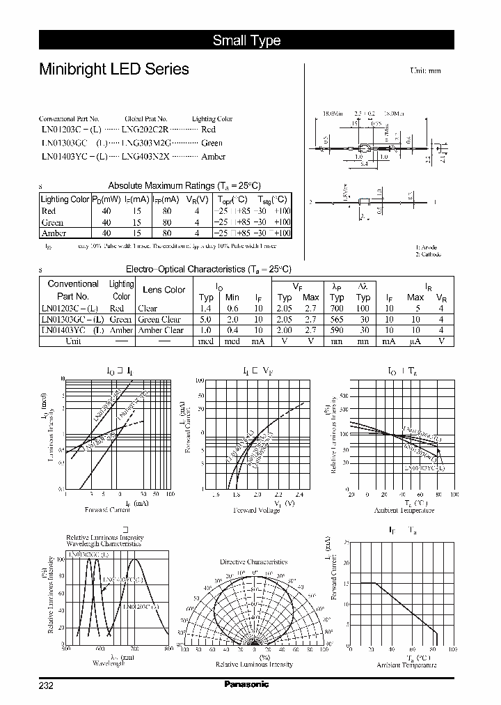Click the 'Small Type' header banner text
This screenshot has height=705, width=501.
[x=246, y=40]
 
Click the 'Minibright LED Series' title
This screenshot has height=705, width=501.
[x=113, y=69]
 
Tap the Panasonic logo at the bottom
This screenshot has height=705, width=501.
[x=246, y=684]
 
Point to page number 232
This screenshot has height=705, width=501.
[x=46, y=685]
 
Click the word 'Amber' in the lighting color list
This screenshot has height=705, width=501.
[x=213, y=157]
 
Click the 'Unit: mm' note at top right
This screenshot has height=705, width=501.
[x=425, y=70]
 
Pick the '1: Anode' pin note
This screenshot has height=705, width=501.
[x=427, y=247]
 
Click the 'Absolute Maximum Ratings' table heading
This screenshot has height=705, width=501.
[x=184, y=185]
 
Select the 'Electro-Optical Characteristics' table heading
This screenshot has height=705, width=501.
[x=208, y=269]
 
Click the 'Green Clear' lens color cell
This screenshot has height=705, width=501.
[x=159, y=319]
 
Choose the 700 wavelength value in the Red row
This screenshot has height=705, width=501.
[x=337, y=308]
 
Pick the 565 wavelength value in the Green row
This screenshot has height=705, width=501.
[x=337, y=319]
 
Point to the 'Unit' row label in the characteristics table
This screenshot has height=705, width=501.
[x=72, y=341]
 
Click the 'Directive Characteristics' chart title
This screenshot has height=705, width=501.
[x=253, y=561]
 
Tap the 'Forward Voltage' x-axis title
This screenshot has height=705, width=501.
[x=256, y=510]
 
